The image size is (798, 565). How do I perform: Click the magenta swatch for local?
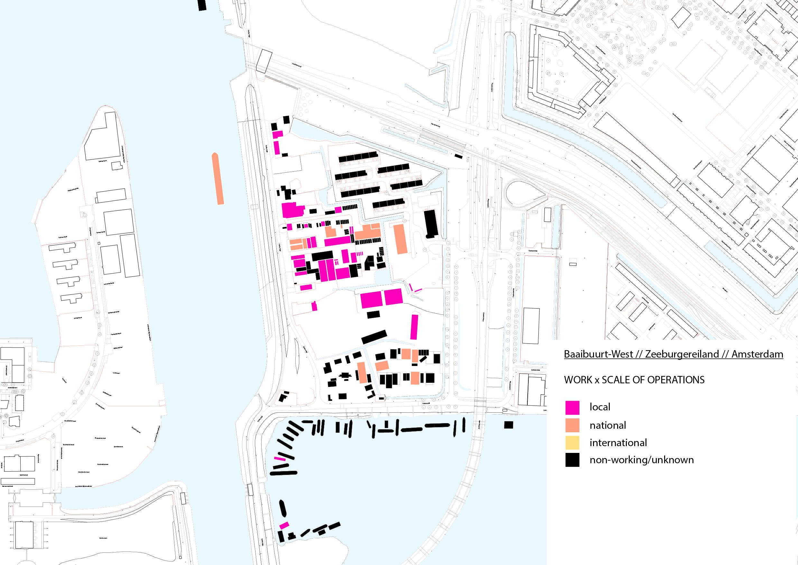coord(572,407)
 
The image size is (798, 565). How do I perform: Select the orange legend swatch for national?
coord(572,425)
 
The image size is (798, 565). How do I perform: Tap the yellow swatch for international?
coord(572,443)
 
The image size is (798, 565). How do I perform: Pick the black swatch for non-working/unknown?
coord(572,460)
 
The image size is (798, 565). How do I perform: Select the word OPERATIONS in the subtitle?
coord(671,379)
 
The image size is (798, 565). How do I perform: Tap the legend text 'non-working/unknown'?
coord(642,460)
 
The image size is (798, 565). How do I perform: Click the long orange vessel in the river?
coord(218,178)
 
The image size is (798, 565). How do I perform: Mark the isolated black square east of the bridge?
coord(508,425)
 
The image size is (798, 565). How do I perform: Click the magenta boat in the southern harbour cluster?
coord(284,535)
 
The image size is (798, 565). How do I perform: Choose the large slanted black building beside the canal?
coord(374,337)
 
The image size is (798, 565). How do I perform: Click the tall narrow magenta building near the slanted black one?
coord(413,327)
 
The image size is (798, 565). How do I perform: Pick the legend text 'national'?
coord(608,425)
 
